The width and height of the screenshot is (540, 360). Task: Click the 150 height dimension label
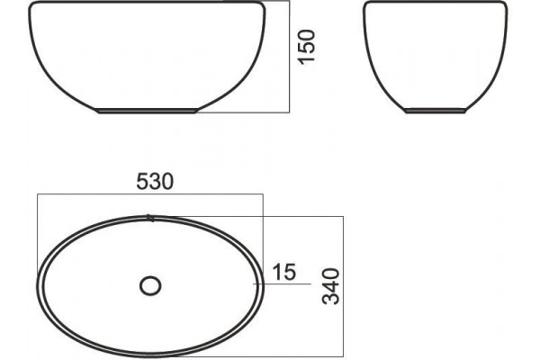point(307,47)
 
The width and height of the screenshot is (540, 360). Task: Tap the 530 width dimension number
point(155,182)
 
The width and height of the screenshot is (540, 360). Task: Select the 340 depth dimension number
point(330,286)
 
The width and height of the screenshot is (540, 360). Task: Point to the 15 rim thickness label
point(284,272)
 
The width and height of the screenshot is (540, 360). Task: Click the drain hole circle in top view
point(150,286)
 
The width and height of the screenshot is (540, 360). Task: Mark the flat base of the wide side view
point(147,111)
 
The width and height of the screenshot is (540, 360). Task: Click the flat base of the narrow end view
point(436,111)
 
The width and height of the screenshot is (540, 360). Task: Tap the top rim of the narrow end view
point(436,2)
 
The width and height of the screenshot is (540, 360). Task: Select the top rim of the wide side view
point(147,2)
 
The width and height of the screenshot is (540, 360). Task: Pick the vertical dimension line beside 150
point(289,57)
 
